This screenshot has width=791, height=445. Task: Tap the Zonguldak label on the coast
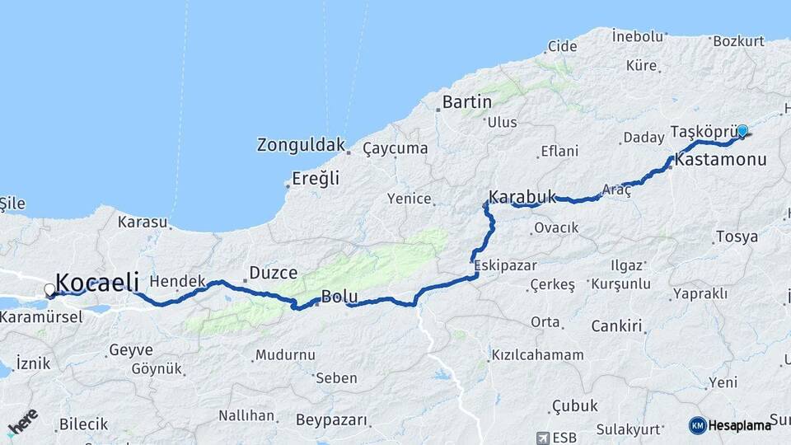(x=300, y=146)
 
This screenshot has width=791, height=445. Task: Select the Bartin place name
(x=466, y=103)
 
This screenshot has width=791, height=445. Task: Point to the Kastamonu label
(x=720, y=160)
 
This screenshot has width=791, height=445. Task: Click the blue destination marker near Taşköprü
(x=742, y=130)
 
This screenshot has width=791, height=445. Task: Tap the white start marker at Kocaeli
(x=50, y=290)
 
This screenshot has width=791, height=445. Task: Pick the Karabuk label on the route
(x=522, y=198)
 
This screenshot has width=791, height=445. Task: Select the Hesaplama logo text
(x=739, y=425)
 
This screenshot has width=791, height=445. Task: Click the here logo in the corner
(x=22, y=421)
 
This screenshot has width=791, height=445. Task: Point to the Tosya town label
(x=737, y=237)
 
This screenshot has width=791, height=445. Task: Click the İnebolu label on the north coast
(x=637, y=36)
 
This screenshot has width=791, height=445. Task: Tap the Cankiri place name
(x=615, y=326)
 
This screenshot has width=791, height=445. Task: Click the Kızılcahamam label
(x=537, y=355)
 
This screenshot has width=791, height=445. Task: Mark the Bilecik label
(x=82, y=424)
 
